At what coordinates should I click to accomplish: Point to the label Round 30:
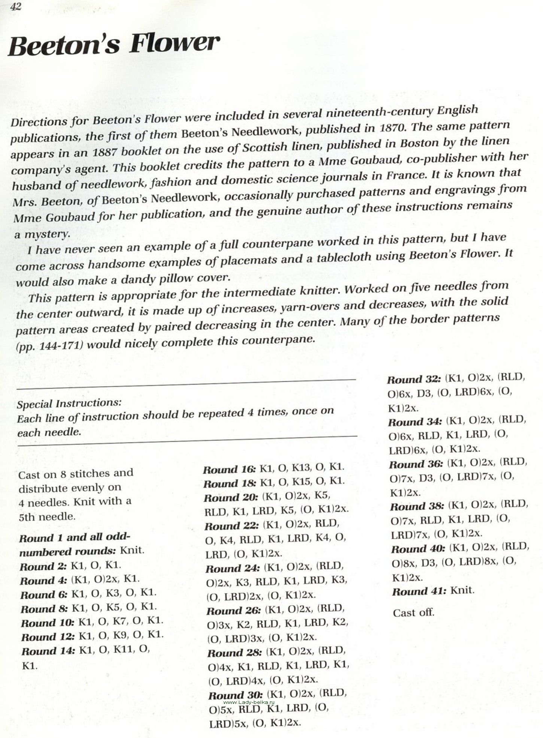pos(236,696)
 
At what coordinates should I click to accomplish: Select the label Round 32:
pos(414,379)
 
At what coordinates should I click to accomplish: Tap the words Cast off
pos(413,613)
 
